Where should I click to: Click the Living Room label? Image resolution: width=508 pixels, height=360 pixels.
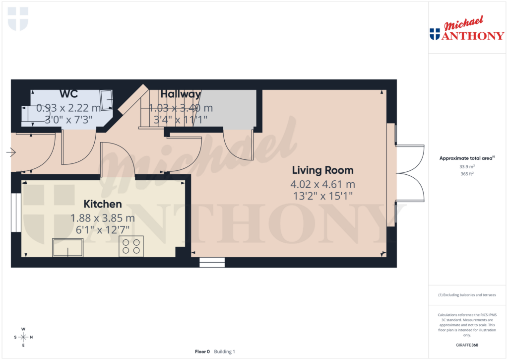pos(322,170)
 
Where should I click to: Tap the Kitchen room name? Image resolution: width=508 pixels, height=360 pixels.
pos(103,204)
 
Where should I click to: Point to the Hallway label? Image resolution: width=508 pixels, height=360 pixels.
pos(181,94)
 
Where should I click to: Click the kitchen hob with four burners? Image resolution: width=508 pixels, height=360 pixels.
pos(131,246)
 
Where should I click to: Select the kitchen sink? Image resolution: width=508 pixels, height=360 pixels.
pos(67,247)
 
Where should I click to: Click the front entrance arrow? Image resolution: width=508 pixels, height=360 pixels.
pos(11,152)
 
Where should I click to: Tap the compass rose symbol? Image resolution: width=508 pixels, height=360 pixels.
pos(23,337)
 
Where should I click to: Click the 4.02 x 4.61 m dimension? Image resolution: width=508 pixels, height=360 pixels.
pos(322,185)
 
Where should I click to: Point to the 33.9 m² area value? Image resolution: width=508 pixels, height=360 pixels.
pos(467,167)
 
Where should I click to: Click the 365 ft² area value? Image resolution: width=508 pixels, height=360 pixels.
pos(467,174)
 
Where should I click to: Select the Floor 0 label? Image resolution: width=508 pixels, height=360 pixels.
pos(202,352)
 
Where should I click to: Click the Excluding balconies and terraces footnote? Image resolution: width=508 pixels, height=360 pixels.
pos(467,295)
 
